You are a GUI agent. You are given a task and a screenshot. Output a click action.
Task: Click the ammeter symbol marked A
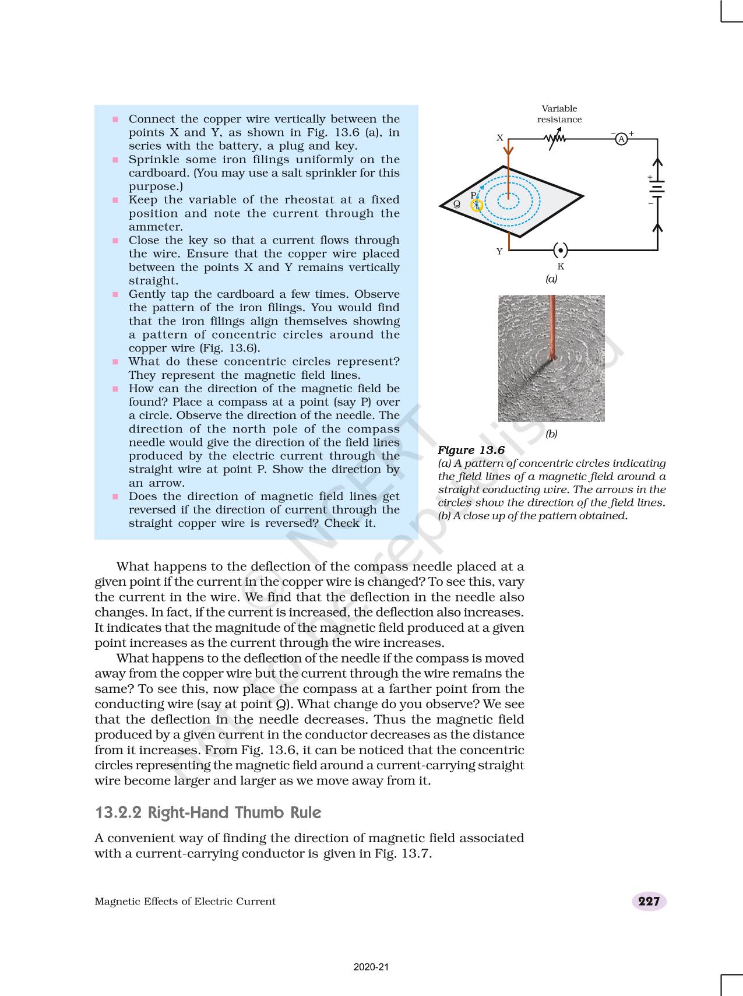pos(621,139)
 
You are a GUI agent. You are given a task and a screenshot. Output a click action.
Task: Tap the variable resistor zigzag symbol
pos(554,139)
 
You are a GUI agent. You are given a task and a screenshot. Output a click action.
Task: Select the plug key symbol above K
pos(560,250)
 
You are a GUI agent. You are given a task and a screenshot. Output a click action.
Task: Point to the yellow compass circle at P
pos(477,205)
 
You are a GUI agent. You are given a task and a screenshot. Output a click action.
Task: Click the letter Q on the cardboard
pos(457,205)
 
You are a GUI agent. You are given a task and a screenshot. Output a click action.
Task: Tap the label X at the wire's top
pos(499,138)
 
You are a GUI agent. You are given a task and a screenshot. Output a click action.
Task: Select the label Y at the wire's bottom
pos(499,252)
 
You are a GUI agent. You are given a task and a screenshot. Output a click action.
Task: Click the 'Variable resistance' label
pos(559,114)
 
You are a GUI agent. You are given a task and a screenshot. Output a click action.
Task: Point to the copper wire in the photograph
pos(551,326)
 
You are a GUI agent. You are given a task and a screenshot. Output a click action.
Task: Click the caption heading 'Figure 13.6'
pos(471,450)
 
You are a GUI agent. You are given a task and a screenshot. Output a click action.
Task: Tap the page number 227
pos(649,901)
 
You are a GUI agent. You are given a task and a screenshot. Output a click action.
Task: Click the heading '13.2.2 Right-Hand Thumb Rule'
pos(208,812)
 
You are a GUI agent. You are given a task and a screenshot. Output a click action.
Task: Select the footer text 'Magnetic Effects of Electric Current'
pos(185,902)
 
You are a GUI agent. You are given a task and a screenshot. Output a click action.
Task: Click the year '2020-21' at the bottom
pos(371,967)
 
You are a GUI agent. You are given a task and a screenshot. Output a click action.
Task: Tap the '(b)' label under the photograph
pos(551,434)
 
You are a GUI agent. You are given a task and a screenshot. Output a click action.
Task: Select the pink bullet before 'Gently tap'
pos(115,294)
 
